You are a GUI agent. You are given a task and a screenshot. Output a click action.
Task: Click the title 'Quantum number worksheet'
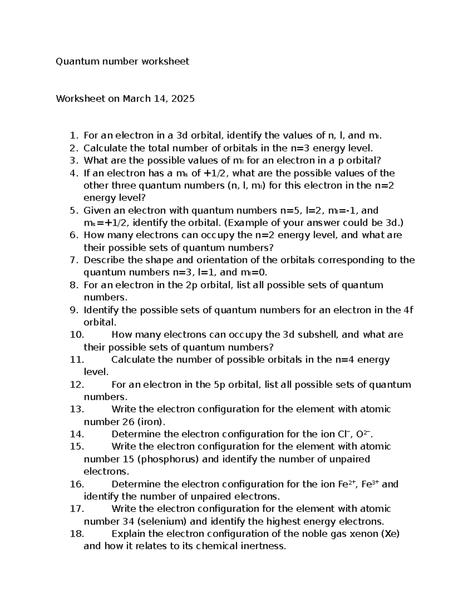point(122,61)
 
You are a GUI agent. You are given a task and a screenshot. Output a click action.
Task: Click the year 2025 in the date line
point(182,99)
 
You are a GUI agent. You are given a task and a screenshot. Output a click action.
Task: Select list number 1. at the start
point(74,136)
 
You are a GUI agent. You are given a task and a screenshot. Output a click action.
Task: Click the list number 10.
point(77,335)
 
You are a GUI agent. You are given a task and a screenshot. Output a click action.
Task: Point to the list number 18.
point(77,534)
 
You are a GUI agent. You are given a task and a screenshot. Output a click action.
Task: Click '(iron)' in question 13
point(151,422)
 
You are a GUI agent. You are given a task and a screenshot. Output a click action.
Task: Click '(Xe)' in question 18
point(392,534)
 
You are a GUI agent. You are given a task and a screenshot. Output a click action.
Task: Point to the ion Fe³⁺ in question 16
point(370,484)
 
